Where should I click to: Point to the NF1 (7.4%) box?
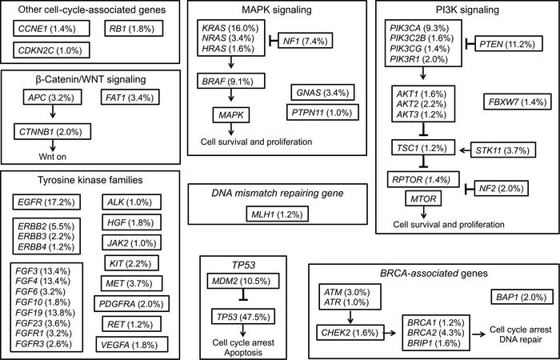pos(305,39)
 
